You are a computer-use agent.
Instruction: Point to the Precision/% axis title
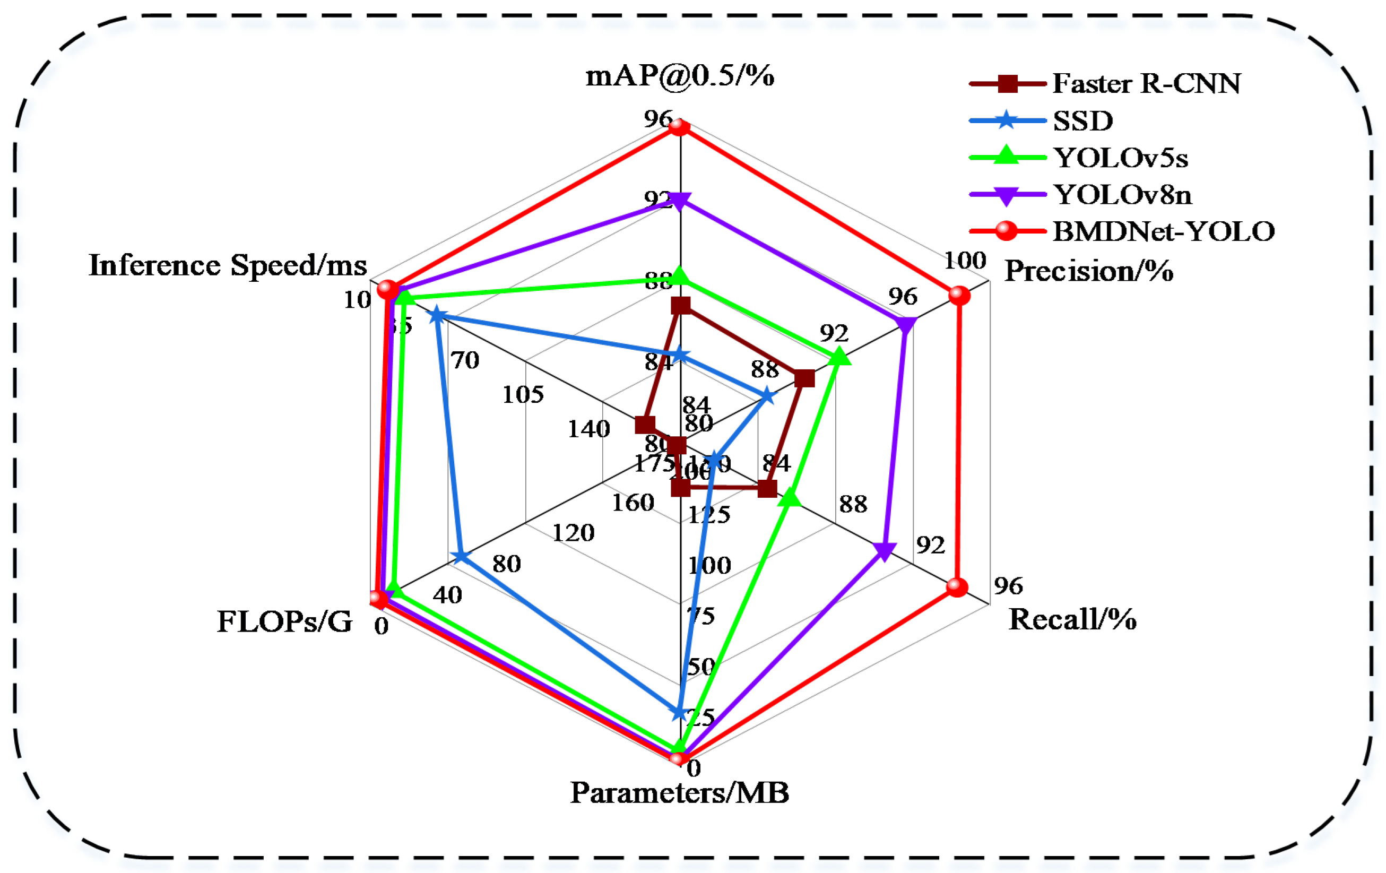click(x=1088, y=271)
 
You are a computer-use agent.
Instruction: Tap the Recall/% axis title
click(x=1072, y=619)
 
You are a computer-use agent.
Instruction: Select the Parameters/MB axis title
click(x=680, y=793)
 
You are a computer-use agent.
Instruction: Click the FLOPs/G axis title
click(x=284, y=621)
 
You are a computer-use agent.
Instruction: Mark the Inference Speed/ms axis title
click(x=228, y=265)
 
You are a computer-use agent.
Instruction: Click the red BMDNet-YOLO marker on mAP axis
click(x=680, y=127)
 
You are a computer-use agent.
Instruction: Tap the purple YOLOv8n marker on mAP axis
click(x=680, y=201)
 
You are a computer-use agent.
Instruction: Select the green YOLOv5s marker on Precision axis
click(x=840, y=357)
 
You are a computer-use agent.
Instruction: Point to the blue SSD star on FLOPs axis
click(x=461, y=557)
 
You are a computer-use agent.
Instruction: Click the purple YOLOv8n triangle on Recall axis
click(x=884, y=551)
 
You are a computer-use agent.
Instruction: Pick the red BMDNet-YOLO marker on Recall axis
click(x=957, y=587)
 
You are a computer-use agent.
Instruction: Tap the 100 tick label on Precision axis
click(x=965, y=261)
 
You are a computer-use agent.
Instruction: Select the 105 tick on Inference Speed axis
click(x=523, y=395)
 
